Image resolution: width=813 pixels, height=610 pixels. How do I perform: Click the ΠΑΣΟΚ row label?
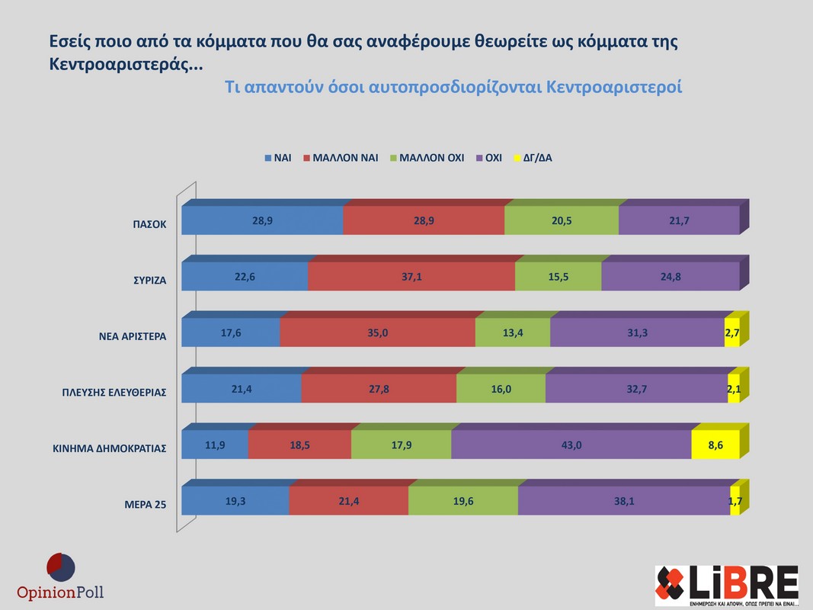[149, 225]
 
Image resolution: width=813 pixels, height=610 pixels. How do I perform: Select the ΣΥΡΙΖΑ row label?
[147, 281]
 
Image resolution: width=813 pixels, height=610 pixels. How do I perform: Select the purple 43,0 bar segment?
[571, 445]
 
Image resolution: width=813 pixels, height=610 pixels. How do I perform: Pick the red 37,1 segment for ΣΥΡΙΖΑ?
[411, 277]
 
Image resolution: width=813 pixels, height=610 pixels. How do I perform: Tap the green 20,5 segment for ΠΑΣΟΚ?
[562, 220]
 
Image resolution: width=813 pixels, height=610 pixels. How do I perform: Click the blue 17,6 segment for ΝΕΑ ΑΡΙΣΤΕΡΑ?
[231, 332]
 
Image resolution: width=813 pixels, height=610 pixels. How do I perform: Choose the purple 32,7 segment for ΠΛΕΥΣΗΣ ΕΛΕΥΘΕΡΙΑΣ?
[636, 389]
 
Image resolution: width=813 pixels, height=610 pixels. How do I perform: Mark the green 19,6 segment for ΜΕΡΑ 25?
[463, 500]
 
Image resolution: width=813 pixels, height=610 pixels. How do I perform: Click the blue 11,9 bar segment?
[215, 445]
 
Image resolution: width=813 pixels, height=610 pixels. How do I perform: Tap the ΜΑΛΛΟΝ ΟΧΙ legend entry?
[426, 159]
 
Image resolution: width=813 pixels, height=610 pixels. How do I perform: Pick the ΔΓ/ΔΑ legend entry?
[534, 159]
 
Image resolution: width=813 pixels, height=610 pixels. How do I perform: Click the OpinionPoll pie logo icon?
[60, 568]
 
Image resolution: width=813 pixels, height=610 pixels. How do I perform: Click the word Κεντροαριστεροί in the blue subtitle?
[614, 87]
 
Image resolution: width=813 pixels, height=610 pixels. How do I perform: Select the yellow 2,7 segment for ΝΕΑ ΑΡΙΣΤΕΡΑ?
[731, 332]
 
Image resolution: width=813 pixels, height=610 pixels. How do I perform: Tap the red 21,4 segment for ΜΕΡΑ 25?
[348, 500]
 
